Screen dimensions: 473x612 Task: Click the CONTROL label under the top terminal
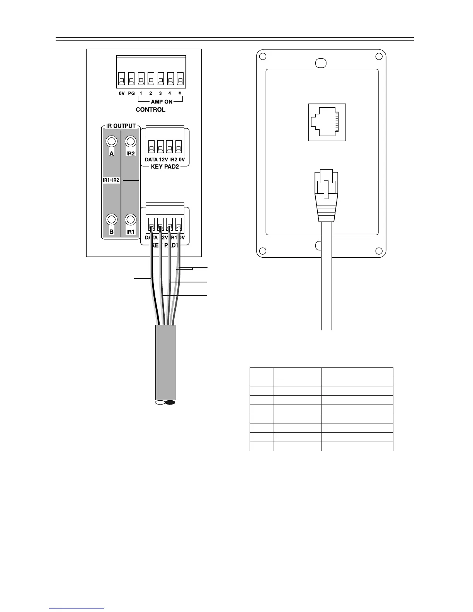click(150, 110)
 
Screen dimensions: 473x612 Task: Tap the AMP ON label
click(162, 102)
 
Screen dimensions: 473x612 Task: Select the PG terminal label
click(131, 93)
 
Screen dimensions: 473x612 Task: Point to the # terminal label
click(180, 93)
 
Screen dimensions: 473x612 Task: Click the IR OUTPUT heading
click(121, 126)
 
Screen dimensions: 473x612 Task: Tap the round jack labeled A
click(112, 141)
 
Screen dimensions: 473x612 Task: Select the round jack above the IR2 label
click(131, 141)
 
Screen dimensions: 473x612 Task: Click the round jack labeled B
click(112, 219)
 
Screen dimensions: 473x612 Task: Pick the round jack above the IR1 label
click(131, 219)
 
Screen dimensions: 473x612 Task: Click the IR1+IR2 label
click(111, 180)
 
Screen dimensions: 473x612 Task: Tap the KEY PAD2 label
click(165, 167)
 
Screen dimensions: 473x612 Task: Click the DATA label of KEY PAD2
click(151, 160)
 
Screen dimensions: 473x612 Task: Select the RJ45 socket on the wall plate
click(327, 122)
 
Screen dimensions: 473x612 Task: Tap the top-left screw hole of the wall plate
click(263, 56)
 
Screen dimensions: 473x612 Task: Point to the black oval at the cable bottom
click(170, 403)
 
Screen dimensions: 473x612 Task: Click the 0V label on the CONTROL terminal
click(121, 93)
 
